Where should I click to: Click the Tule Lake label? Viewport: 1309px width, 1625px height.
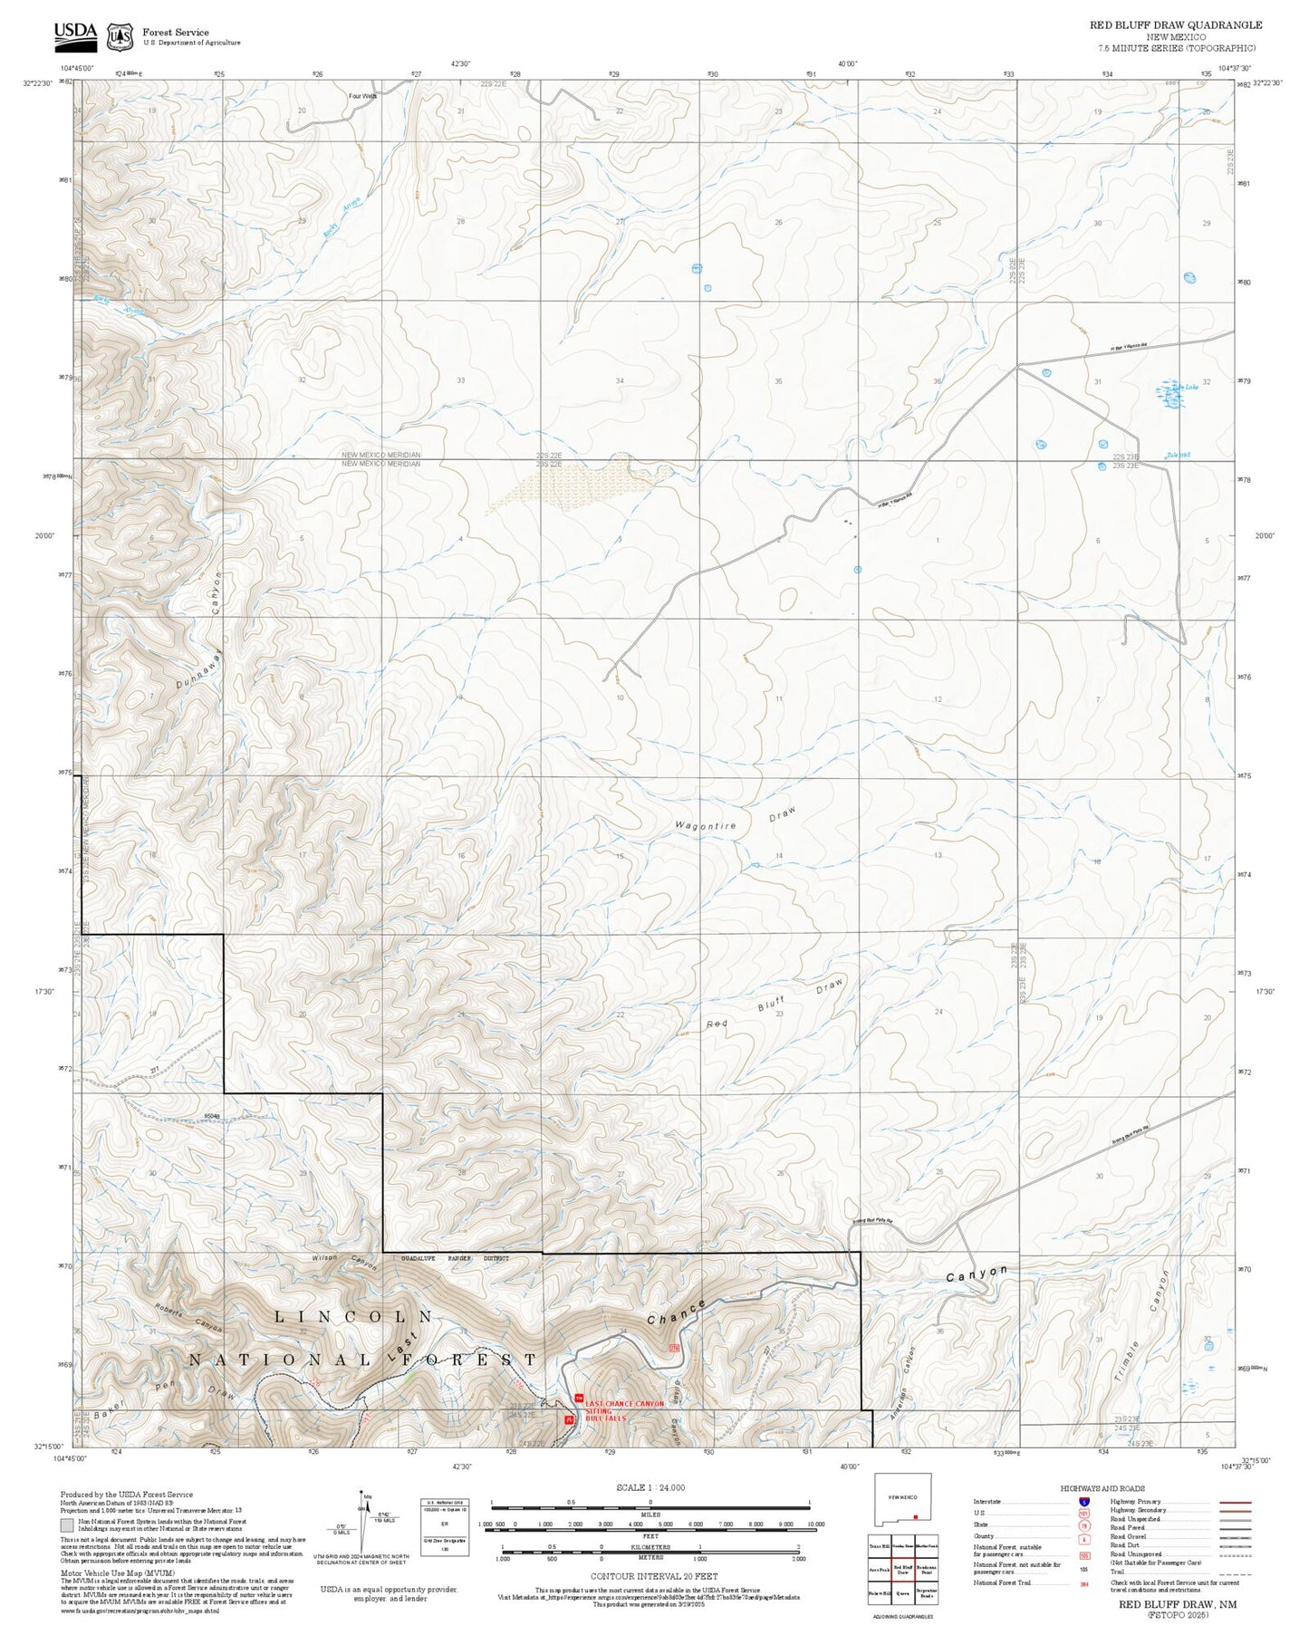coord(1186,387)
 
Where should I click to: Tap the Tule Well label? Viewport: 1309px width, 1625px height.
coord(1179,455)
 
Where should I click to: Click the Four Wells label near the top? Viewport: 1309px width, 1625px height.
coord(362,94)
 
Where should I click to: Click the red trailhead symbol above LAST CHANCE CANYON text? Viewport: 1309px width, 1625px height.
coord(579,1398)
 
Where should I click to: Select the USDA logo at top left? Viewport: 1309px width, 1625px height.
coord(75,33)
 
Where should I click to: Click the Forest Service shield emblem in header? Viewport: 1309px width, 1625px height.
coord(119,36)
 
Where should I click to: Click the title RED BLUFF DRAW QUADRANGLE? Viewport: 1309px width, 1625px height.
coord(1175,25)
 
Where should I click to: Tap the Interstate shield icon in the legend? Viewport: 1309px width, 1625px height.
coord(1083,1502)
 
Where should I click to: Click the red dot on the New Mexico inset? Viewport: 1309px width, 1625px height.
coord(916,1516)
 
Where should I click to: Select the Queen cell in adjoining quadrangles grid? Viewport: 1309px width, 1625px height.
coord(902,1592)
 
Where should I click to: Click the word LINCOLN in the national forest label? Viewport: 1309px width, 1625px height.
coord(353,1316)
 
